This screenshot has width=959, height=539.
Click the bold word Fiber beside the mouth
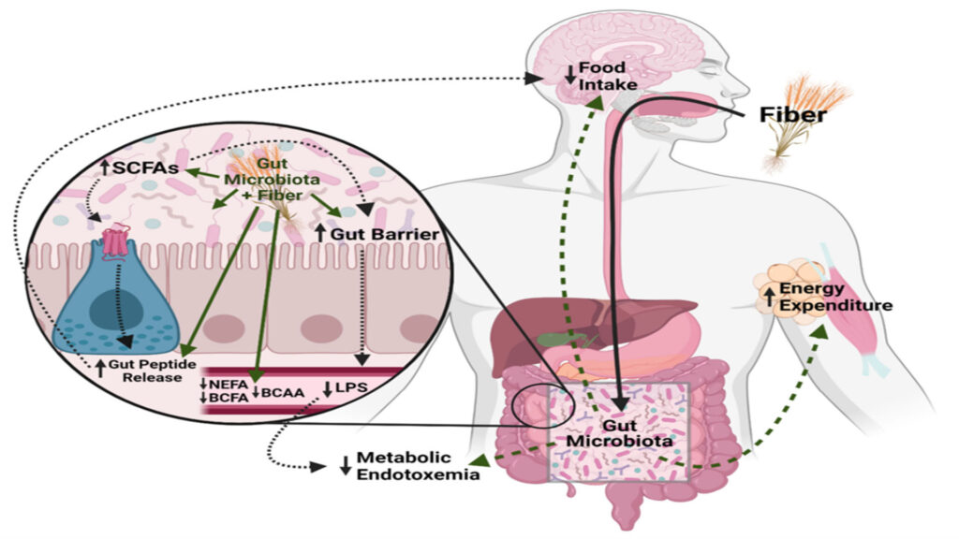[x=792, y=115]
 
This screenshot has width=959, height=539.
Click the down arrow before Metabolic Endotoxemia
[x=346, y=466]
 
